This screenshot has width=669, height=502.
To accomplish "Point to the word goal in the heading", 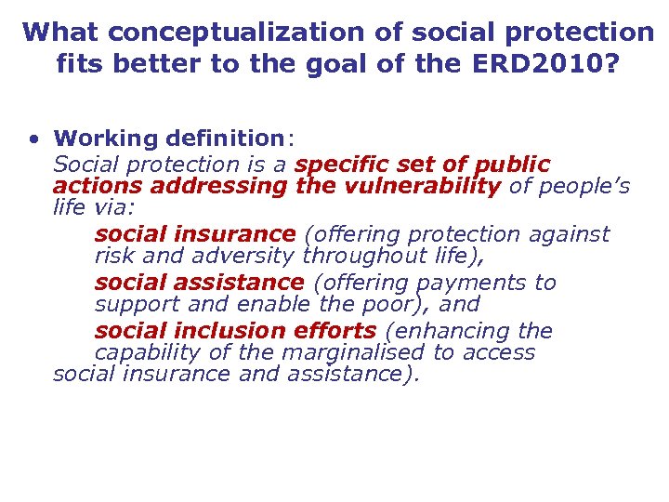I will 361,65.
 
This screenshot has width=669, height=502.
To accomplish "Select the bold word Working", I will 106,139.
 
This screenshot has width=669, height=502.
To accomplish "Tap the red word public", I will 513,165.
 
